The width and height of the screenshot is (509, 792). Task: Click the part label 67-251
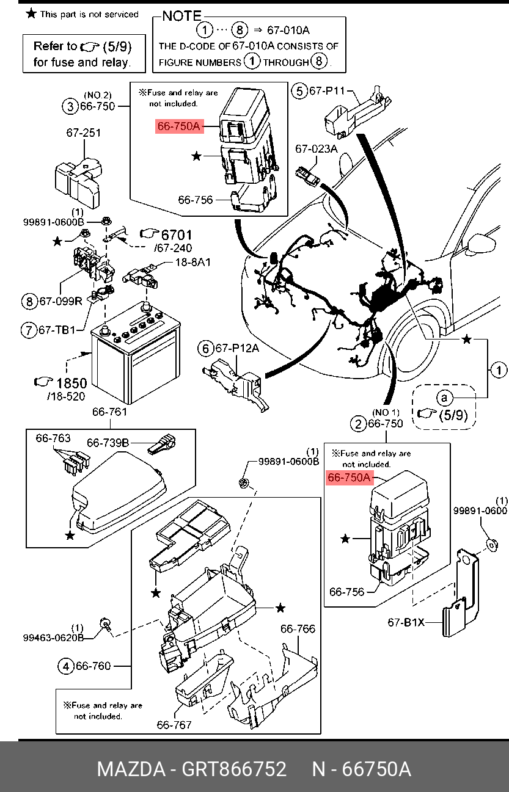point(84,133)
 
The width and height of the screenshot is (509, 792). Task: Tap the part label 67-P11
point(328,92)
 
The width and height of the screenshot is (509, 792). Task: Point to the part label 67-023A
point(317,148)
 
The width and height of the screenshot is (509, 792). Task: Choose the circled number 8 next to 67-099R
point(29,301)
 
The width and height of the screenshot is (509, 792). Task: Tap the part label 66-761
point(109,412)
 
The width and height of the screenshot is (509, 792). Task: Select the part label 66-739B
point(108,443)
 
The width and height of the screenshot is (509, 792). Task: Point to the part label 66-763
point(53,438)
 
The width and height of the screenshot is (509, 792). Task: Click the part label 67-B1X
point(406,623)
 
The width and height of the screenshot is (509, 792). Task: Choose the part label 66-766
point(298,629)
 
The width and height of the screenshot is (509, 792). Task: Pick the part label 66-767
point(174,725)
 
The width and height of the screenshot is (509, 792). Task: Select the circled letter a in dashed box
point(445,398)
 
